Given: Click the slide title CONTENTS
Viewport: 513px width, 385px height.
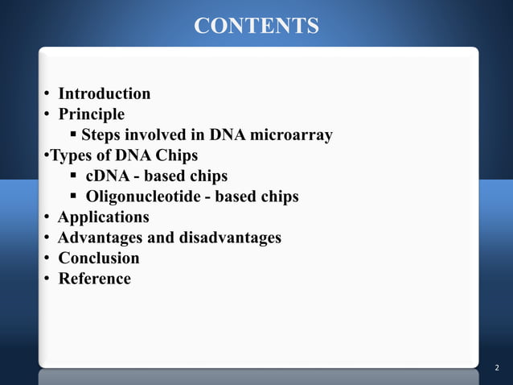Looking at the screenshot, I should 256,26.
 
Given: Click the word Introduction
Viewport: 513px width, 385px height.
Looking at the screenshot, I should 105,93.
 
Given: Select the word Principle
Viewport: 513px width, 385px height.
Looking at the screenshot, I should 92,114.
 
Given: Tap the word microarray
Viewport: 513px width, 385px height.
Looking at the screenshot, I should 292,135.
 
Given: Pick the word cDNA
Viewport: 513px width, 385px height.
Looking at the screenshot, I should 108,176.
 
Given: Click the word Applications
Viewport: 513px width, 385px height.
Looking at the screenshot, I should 104,217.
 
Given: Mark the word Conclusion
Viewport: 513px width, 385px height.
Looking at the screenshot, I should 99,259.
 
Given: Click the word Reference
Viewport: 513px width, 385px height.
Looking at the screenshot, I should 95,279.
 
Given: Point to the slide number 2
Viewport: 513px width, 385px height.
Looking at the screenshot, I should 497,368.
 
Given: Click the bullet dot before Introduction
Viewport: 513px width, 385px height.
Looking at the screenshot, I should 48,94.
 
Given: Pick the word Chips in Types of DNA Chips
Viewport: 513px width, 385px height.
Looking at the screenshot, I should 176,155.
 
